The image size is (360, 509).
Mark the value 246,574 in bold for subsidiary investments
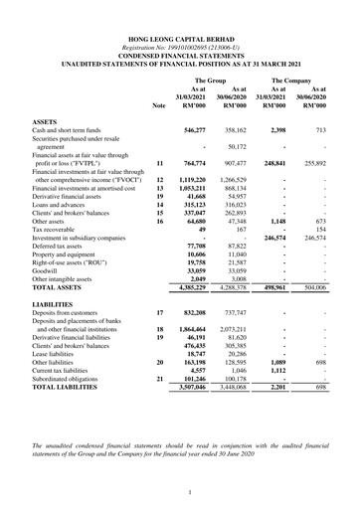point(272,238)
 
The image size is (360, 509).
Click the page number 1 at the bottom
point(180,490)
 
